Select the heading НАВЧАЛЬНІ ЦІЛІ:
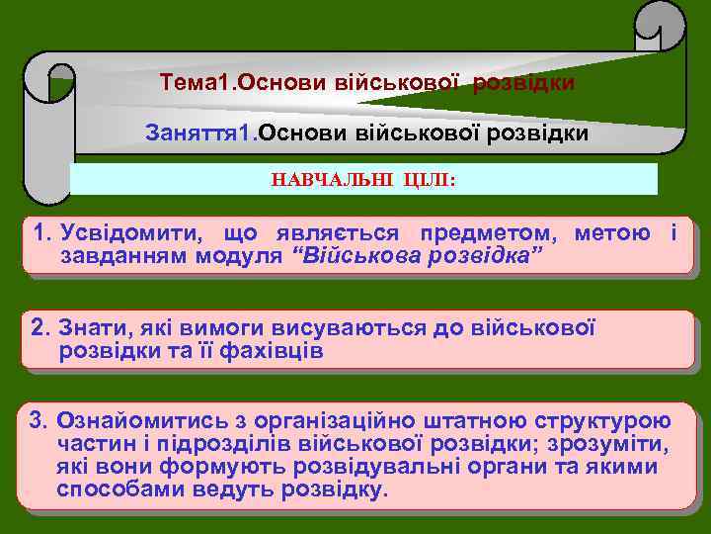pyautogui.click(x=363, y=180)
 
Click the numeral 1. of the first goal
pyautogui.click(x=42, y=234)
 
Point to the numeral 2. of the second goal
pyautogui.click(x=42, y=328)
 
